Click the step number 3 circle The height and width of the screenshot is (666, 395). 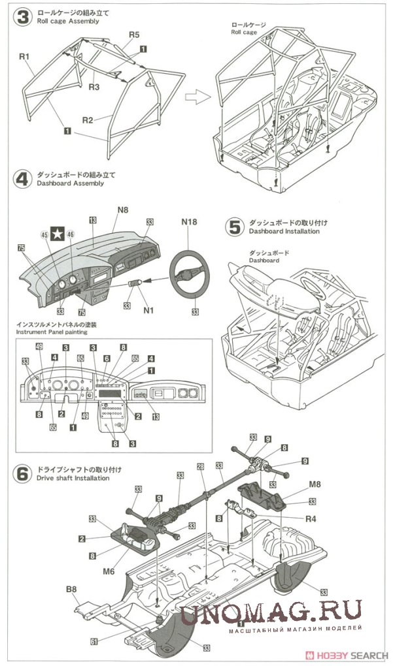click(22, 18)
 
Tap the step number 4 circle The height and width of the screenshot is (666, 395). click(22, 179)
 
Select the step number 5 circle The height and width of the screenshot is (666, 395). click(233, 227)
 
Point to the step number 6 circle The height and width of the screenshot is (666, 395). click(22, 473)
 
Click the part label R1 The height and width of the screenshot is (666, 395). click(25, 57)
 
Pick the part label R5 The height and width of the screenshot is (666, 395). click(134, 35)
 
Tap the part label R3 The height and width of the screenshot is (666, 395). click(94, 86)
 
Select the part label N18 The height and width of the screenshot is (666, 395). click(189, 222)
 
